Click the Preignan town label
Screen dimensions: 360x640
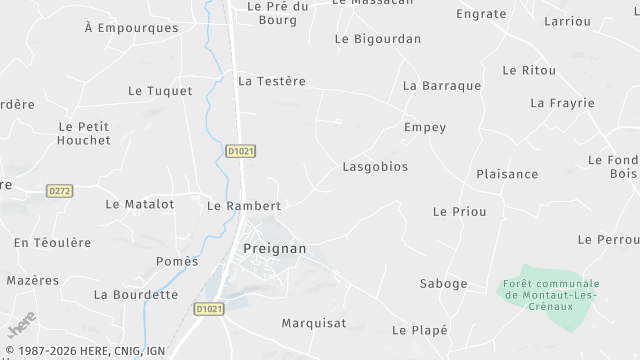pyautogui.click(x=275, y=248)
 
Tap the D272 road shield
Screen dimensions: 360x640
pyautogui.click(x=60, y=190)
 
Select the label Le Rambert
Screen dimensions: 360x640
pyautogui.click(x=243, y=205)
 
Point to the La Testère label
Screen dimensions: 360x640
pyautogui.click(x=272, y=81)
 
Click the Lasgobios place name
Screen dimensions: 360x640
pyautogui.click(x=375, y=167)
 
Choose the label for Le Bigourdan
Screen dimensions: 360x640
pyautogui.click(x=378, y=39)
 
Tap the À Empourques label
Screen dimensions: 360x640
pyautogui.click(x=132, y=28)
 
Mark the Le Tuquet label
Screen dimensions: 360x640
pyautogui.click(x=160, y=91)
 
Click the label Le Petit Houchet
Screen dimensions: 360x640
pyautogui.click(x=85, y=133)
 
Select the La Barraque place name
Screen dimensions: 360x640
pyautogui.click(x=442, y=86)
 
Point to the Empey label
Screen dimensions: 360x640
pyautogui.click(x=425, y=128)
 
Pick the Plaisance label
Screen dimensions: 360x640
pyautogui.click(x=507, y=174)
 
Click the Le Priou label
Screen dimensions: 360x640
pyautogui.click(x=459, y=212)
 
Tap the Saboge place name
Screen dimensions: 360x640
pyautogui.click(x=442, y=284)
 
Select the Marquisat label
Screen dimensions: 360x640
pyautogui.click(x=314, y=323)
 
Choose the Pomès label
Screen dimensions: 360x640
pyautogui.click(x=177, y=261)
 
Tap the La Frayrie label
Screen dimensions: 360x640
pyautogui.click(x=562, y=103)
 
